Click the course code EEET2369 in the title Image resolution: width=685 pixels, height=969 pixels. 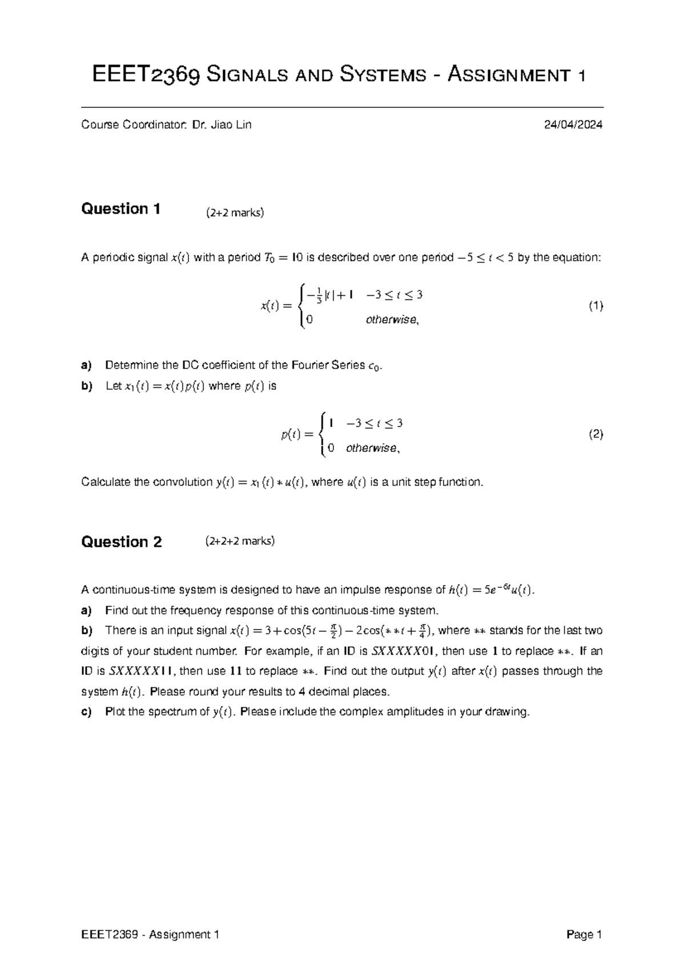point(146,75)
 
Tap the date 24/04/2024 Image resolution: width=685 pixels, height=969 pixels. point(573,125)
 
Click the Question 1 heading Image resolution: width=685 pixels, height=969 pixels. point(121,209)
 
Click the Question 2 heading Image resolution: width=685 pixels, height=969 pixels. point(122,542)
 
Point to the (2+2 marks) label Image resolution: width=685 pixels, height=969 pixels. point(235,213)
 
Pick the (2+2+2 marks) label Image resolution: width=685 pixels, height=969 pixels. point(240,541)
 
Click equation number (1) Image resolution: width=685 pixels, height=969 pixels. point(595,306)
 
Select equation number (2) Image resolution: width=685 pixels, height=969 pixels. point(595,435)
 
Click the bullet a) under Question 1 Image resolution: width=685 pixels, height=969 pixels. point(86,366)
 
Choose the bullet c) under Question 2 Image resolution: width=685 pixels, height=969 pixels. point(86,712)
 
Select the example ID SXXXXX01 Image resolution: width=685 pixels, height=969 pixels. point(404,651)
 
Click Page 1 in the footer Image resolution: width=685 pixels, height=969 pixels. point(585,935)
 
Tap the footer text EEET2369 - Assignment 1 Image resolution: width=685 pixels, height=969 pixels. point(151,935)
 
